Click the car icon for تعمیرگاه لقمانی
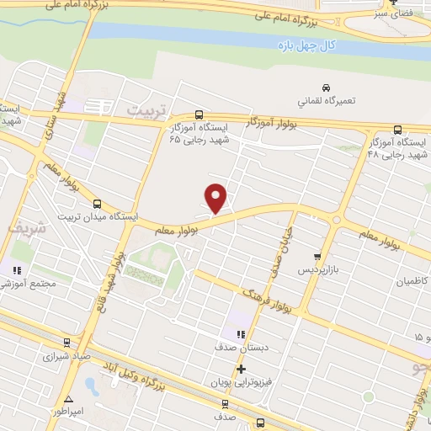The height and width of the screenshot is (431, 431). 326,88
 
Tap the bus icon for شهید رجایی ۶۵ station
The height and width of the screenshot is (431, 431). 199,114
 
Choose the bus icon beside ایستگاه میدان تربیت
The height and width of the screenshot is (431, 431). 97,204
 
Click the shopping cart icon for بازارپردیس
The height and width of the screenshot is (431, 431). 317,257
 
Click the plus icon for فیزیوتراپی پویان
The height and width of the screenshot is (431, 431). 242,369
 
